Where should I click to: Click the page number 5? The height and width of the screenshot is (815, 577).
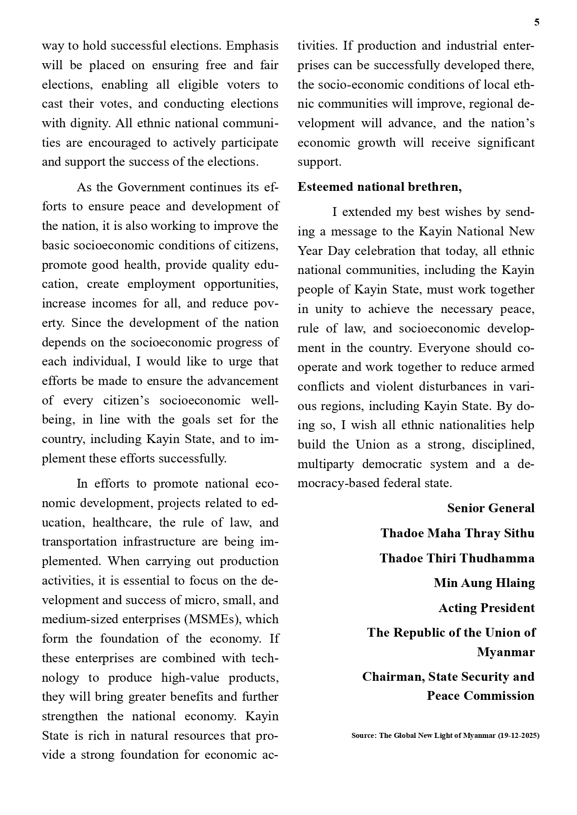coord(537,22)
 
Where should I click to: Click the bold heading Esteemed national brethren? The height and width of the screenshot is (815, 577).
coord(379,187)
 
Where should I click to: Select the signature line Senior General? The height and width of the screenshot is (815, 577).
coord(491,508)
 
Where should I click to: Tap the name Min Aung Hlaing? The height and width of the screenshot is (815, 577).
coord(484,583)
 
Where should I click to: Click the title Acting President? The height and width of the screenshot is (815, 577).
coord(486,608)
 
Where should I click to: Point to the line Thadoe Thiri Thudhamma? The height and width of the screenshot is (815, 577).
coord(457,558)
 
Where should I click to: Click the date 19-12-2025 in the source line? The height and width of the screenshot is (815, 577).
coord(518,736)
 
